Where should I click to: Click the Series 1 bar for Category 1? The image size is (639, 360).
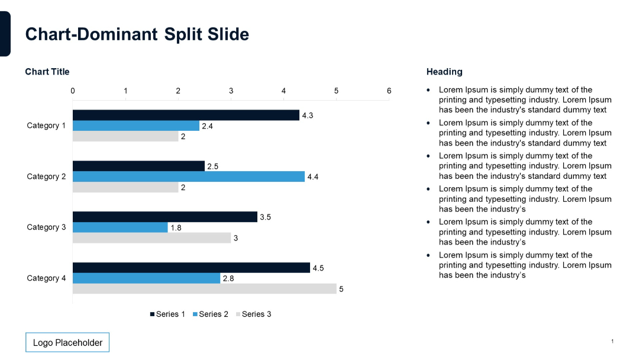tap(186, 115)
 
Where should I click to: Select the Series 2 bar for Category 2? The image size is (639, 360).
tap(188, 176)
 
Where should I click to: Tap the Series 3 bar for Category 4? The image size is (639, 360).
tap(204, 289)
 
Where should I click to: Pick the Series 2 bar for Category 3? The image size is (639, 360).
tap(120, 227)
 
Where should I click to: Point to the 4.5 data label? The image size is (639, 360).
tap(318, 268)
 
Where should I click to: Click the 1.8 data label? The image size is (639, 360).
tap(176, 228)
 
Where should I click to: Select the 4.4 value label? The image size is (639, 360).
tap(313, 177)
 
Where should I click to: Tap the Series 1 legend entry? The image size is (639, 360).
tap(167, 314)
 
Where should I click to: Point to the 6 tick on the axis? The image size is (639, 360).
tap(389, 91)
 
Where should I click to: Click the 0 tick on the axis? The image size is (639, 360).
tap(73, 91)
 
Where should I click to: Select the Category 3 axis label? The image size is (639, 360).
tap(46, 227)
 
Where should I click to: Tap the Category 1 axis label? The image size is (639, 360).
tap(46, 126)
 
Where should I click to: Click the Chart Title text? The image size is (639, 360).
tap(47, 72)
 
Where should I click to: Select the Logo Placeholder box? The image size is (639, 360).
tap(67, 343)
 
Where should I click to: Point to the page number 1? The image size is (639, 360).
tap(612, 342)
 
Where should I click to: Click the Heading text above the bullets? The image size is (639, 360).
tap(444, 72)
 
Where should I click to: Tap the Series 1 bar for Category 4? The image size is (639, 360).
tap(191, 268)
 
